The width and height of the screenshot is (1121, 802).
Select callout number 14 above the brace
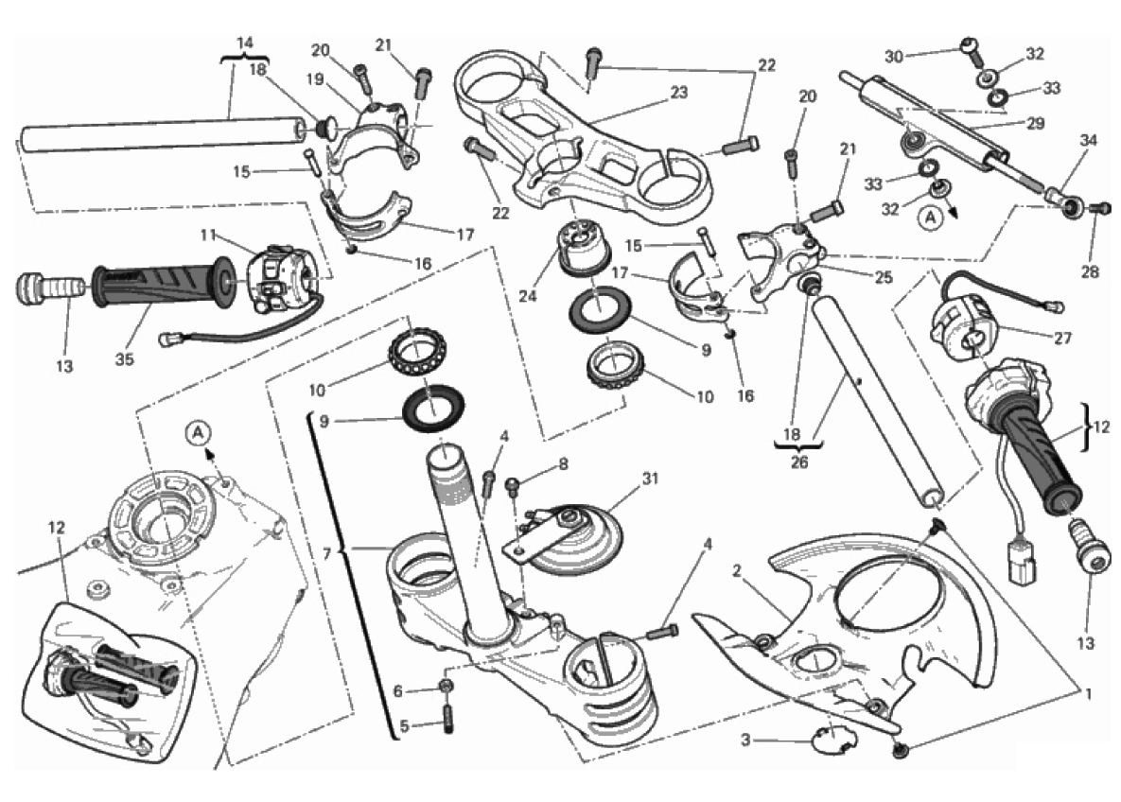pos(245,43)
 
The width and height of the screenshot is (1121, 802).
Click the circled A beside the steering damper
pos(931,218)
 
